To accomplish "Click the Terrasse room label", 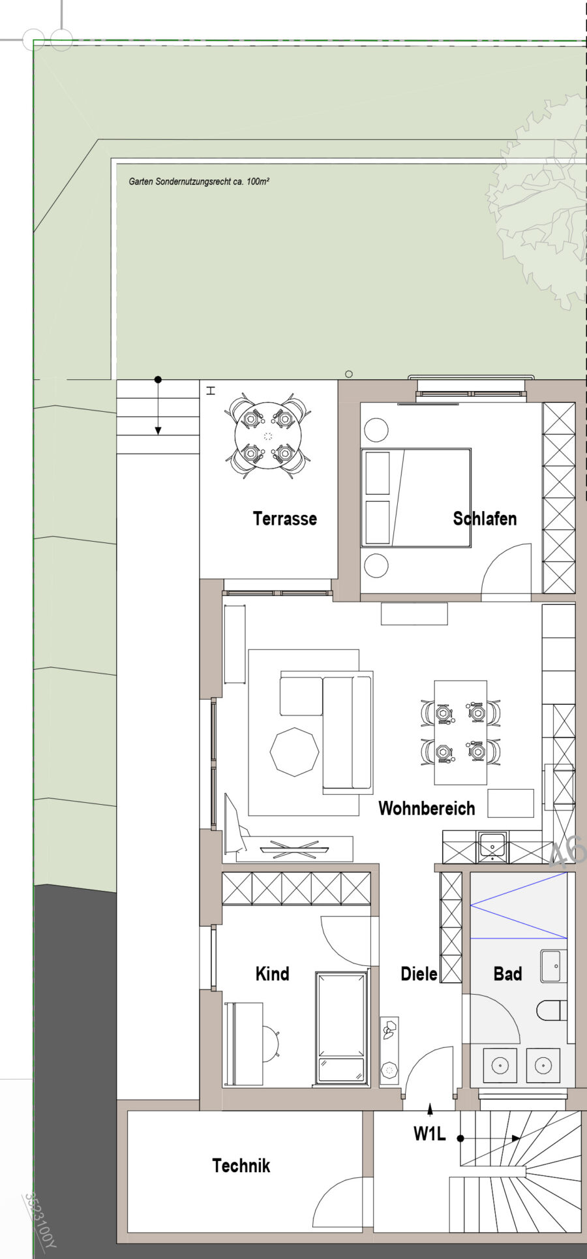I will coord(284,519).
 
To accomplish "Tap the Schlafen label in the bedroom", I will coord(485,519).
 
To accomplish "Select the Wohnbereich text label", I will coord(427,809).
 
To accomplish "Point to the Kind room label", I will coord(272,974).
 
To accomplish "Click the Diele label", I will coord(419,974).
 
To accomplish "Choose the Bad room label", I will coord(507,974).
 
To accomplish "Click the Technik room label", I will coord(241,1166).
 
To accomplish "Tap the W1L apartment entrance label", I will coord(429,1134).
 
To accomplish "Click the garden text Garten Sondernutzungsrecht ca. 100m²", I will coord(199,181).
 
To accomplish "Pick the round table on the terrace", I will coord(268,436).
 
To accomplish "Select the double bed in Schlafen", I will coord(417,497).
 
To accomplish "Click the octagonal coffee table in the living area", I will coord(295,752).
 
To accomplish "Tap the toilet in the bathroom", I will coord(552,1011).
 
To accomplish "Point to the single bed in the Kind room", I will coord(340,1028).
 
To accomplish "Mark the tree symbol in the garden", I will coord(541,202).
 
